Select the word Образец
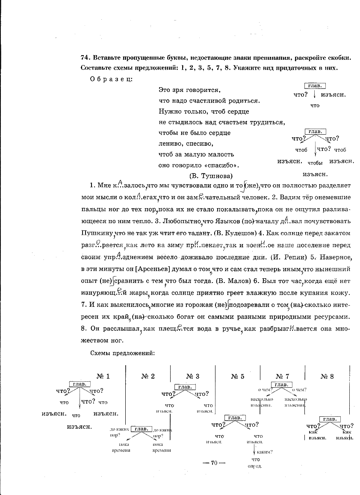pos(111,79)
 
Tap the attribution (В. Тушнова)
pos(211,176)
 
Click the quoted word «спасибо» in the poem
pos(224,165)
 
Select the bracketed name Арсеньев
pos(153,269)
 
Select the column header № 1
pos(103,376)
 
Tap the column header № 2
pos(148,376)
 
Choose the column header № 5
pos(237,376)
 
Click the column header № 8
pos(327,376)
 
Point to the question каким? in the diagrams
pos(265,452)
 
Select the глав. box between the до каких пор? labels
pos(141,429)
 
